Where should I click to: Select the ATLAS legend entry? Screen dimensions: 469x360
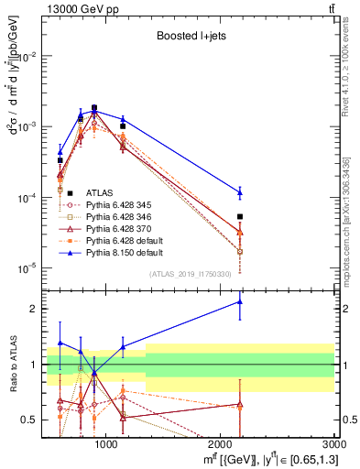point(99,192)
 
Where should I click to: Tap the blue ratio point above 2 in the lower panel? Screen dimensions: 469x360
point(240,301)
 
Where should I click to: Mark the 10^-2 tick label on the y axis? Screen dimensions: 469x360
point(27,56)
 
